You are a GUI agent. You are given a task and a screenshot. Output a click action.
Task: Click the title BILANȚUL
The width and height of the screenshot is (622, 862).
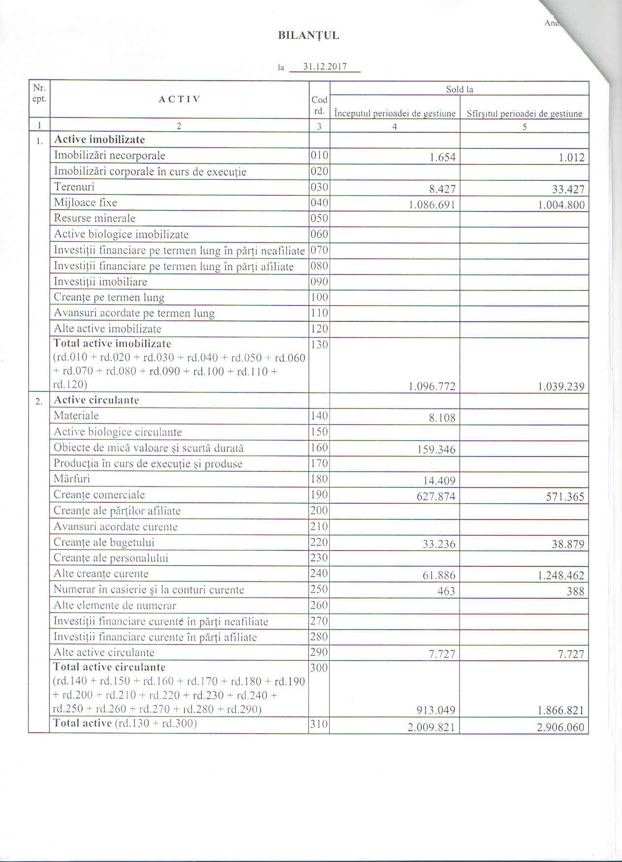click(x=309, y=35)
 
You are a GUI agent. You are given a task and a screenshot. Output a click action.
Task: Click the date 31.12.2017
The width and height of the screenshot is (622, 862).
click(x=325, y=67)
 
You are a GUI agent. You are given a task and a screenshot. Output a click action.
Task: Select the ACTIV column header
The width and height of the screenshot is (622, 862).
click(x=179, y=99)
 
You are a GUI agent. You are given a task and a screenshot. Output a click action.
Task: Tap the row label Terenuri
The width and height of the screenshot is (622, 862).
click(x=74, y=187)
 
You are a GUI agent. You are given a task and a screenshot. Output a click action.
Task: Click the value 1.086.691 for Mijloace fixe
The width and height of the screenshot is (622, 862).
click(x=432, y=205)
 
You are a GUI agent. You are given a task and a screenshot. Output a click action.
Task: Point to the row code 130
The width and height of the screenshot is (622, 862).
click(x=319, y=344)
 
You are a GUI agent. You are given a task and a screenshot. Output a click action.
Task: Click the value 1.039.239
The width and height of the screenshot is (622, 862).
click(x=561, y=387)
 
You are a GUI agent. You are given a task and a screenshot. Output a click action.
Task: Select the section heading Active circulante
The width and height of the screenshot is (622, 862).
click(x=96, y=400)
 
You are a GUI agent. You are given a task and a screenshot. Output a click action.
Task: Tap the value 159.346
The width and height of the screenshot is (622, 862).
click(x=436, y=450)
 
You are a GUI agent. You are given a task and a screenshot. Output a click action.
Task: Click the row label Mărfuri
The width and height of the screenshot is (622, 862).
click(x=72, y=479)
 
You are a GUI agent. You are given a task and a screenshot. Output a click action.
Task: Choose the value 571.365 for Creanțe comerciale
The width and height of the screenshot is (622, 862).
click(x=565, y=497)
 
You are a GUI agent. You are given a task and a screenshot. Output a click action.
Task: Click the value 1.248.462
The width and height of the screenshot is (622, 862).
click(x=561, y=575)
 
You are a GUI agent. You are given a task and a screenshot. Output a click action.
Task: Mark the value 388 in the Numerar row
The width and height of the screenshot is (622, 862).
click(x=575, y=591)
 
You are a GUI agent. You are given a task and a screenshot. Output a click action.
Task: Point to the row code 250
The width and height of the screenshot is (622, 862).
click(x=319, y=589)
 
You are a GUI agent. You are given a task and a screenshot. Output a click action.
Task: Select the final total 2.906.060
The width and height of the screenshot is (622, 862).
click(x=560, y=727)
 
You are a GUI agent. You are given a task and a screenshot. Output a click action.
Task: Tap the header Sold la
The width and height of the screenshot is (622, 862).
click(x=459, y=89)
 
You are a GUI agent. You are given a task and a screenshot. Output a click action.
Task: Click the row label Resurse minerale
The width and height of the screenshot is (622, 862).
click(x=94, y=218)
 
